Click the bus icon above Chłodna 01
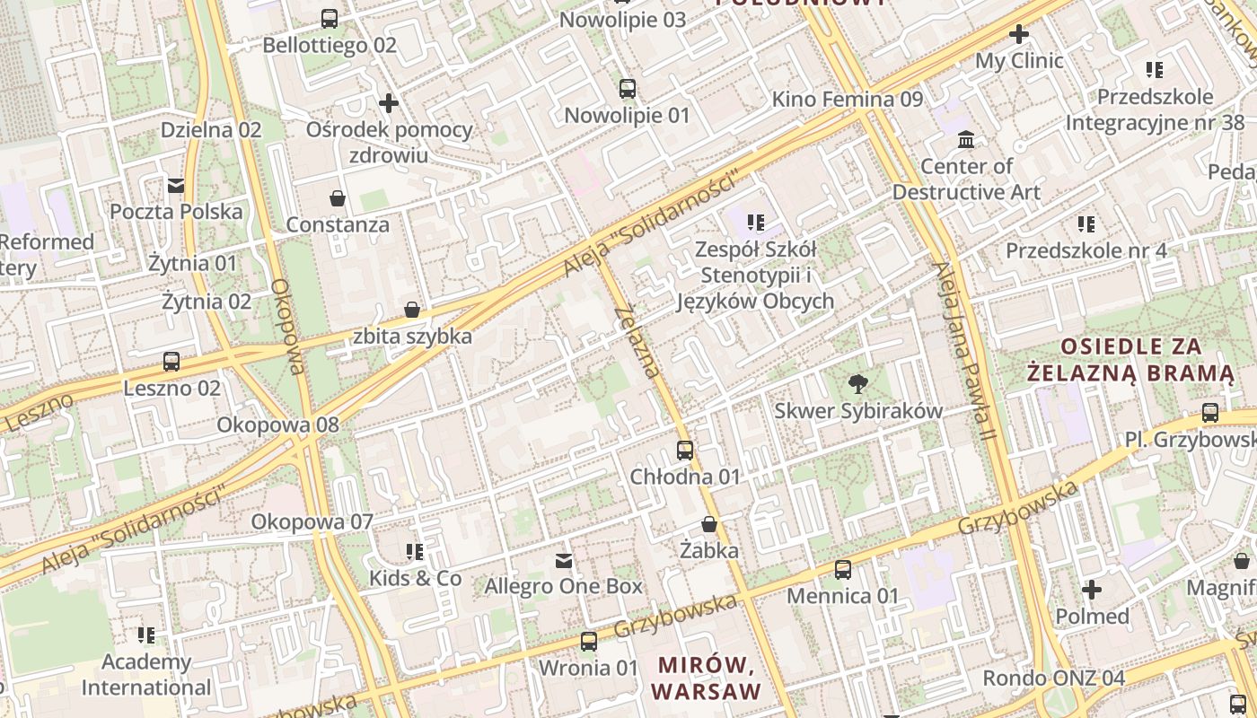click(x=685, y=451)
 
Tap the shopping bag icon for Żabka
click(x=709, y=524)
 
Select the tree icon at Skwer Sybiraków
click(x=858, y=384)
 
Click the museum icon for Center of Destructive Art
click(x=967, y=140)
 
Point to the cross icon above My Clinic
click(x=1019, y=35)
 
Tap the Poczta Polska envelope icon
click(x=176, y=186)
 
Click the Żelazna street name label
click(x=638, y=343)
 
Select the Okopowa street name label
click(x=288, y=326)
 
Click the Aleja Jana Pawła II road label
click(x=964, y=351)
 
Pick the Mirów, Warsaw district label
click(x=708, y=679)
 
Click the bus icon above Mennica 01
click(x=843, y=569)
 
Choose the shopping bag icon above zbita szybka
click(x=412, y=311)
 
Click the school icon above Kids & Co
click(x=415, y=551)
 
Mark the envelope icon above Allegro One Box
click(x=564, y=561)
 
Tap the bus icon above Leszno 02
click(x=171, y=362)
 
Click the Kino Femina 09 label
click(x=847, y=99)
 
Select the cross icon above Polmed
click(x=1092, y=590)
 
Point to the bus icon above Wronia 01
click(x=589, y=642)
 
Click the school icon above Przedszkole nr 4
click(x=1086, y=223)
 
